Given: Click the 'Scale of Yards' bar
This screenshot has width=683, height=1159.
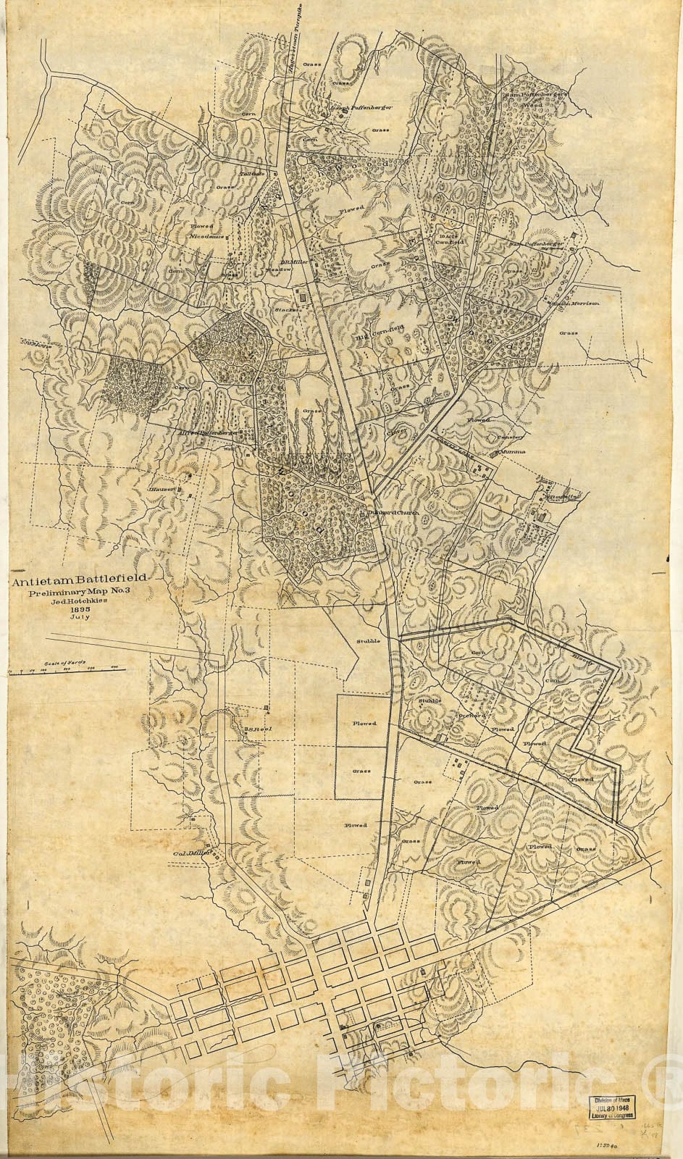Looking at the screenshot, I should [x=65, y=671].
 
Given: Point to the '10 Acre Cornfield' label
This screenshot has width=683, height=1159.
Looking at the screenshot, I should [x=450, y=238].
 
